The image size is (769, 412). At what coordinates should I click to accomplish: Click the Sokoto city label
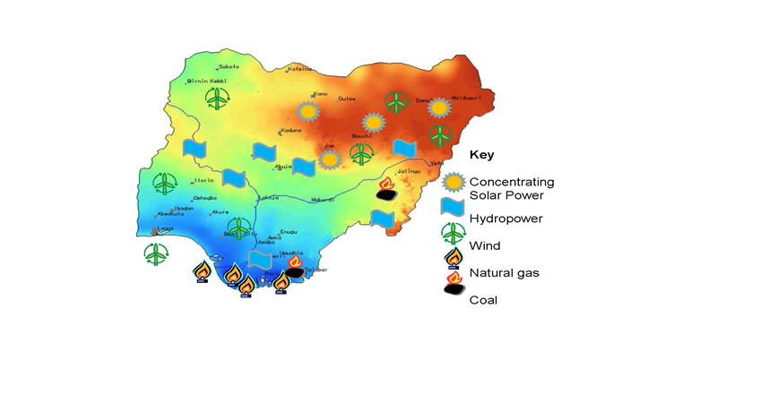tap(229, 67)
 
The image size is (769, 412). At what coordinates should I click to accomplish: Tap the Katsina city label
tap(299, 69)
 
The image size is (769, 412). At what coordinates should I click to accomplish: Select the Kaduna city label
tap(290, 131)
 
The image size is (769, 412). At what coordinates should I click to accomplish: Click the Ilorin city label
tap(203, 180)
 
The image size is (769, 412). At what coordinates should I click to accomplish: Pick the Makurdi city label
tap(323, 199)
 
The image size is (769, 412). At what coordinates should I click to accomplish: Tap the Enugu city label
tap(289, 232)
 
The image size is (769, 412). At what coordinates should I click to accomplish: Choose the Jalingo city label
tap(408, 171)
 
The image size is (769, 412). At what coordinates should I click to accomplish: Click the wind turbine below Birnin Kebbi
tap(217, 99)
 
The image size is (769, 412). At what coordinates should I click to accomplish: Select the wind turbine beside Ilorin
tap(165, 184)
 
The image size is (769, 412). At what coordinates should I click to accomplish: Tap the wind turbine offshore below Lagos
tap(156, 253)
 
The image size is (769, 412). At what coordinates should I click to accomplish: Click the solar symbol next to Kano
tap(308, 112)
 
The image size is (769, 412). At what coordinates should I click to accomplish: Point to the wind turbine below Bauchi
tap(361, 155)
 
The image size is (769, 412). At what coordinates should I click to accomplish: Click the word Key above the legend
tap(481, 154)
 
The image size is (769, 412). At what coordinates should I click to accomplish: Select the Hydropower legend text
tap(505, 218)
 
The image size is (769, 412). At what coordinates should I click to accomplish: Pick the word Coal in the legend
tap(483, 300)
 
